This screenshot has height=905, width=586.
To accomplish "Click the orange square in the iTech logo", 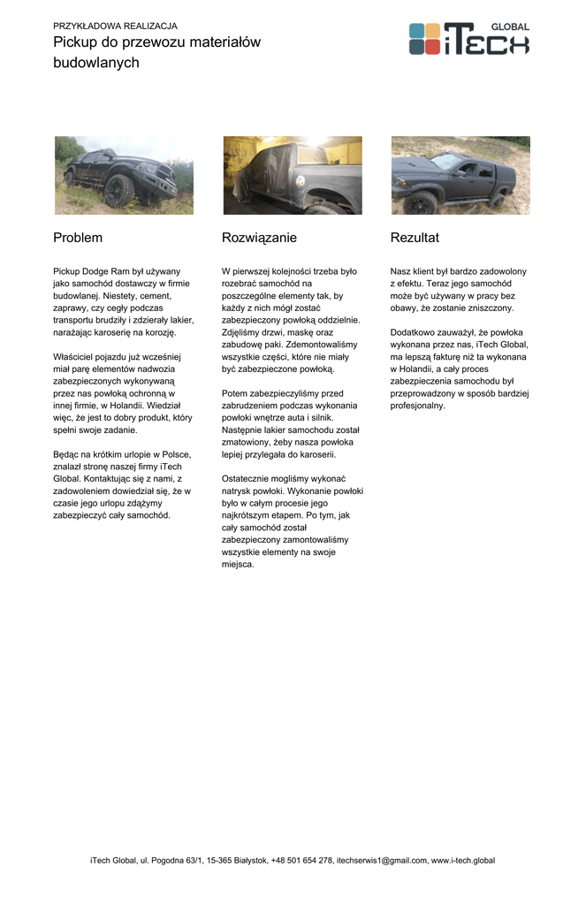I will [432, 30].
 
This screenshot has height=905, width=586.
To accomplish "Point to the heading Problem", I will [78, 238].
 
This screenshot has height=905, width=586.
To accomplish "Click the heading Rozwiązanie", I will [259, 238].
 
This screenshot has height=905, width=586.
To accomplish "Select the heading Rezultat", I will [415, 238].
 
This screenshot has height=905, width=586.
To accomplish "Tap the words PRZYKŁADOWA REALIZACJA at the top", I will [115, 27].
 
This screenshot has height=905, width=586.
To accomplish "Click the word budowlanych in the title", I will [96, 63].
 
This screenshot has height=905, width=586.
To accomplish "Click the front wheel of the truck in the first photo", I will [118, 189].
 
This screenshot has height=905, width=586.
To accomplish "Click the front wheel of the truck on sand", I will [421, 202].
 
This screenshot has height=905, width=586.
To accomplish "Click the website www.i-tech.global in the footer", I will [463, 860].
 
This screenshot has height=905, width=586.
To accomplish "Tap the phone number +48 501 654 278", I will [301, 860].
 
